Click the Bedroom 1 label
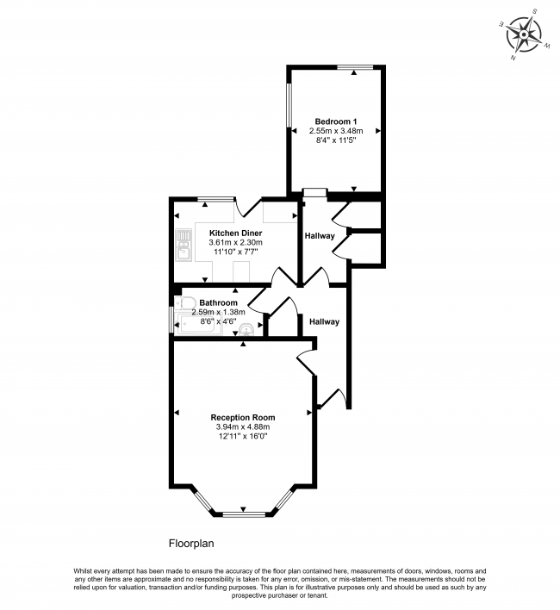click(x=336, y=121)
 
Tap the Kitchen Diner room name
click(x=229, y=233)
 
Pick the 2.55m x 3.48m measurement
click(x=336, y=131)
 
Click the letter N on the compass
click(x=513, y=59)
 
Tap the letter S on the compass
click(x=533, y=12)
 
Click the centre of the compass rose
click(x=523, y=35)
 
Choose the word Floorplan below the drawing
click(x=190, y=544)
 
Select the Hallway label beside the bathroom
click(x=325, y=321)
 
